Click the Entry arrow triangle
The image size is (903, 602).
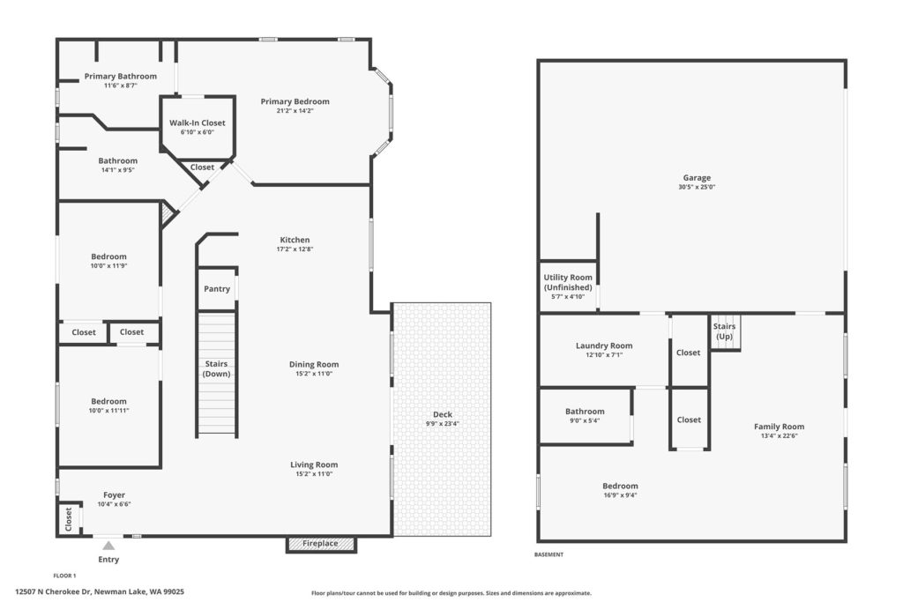pyautogui.click(x=108, y=546)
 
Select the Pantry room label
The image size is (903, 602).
pyautogui.click(x=217, y=289)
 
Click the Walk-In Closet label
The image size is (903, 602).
pyautogui.click(x=197, y=123)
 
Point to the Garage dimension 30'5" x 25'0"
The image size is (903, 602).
pyautogui.click(x=697, y=187)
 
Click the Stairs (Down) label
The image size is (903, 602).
pyautogui.click(x=217, y=369)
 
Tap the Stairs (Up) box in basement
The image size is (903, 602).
pyautogui.click(x=725, y=332)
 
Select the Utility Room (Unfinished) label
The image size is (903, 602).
pyautogui.click(x=568, y=282)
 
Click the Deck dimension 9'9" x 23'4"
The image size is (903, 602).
pyautogui.click(x=443, y=424)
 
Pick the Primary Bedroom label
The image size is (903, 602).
pyautogui.click(x=295, y=101)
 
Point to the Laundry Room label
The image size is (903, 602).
pyautogui.click(x=604, y=346)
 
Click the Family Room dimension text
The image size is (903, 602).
pyautogui.click(x=780, y=435)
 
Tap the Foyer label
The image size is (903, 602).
pyautogui.click(x=114, y=495)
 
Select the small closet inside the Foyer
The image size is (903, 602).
pyautogui.click(x=69, y=520)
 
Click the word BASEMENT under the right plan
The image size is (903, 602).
pyautogui.click(x=549, y=554)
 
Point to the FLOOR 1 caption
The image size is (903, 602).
pyautogui.click(x=64, y=576)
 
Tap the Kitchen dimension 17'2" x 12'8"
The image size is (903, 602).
pyautogui.click(x=295, y=249)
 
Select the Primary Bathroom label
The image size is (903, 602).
pyautogui.click(x=120, y=76)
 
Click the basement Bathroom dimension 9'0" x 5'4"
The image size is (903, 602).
pyautogui.click(x=585, y=420)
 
